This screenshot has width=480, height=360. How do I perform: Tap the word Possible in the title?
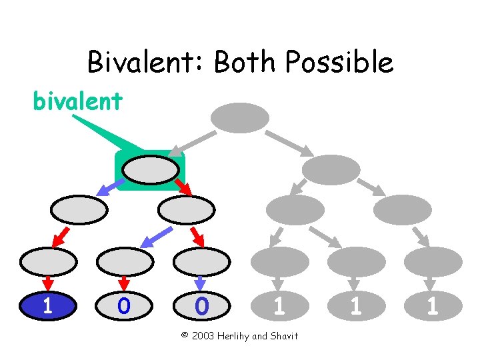339,63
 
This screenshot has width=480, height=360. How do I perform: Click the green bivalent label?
78,101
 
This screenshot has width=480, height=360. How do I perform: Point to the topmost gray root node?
240,118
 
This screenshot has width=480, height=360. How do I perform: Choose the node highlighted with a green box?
151,170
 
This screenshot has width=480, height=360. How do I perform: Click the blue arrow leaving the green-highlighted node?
106,187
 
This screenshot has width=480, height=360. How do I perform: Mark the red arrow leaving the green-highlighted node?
183,187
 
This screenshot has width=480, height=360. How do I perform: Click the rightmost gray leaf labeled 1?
433,306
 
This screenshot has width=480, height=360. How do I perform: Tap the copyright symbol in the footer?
185,335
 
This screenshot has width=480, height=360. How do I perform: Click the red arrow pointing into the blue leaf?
47,283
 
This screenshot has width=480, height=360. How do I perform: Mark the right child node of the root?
331,170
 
